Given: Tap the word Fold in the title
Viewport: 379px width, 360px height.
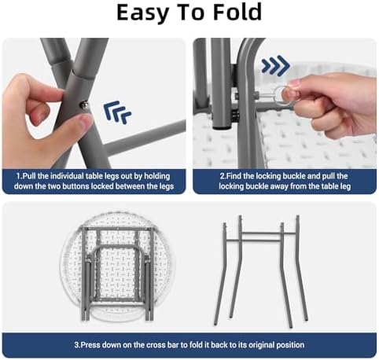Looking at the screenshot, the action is click(237, 12).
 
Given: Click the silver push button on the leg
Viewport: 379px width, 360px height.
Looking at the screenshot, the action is click(84, 105).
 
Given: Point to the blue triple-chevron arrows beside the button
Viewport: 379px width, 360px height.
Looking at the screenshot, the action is click(117, 112).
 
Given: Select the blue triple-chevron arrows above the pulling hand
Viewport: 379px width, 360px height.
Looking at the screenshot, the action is click(275, 65).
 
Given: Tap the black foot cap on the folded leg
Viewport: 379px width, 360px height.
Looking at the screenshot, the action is click(221, 128).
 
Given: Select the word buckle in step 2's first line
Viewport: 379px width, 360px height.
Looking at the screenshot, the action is click(296, 176).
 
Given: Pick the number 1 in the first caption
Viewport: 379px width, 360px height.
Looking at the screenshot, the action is click(18, 176).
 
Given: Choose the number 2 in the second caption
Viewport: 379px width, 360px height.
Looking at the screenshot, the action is click(223, 176).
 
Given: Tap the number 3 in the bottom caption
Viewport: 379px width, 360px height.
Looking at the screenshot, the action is click(76, 345).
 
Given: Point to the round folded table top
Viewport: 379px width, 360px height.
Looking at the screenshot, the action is click(117, 267).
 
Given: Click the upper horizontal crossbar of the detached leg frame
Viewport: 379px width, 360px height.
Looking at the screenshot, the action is click(270, 233).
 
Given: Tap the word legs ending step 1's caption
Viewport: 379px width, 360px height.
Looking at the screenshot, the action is click(166, 186).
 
